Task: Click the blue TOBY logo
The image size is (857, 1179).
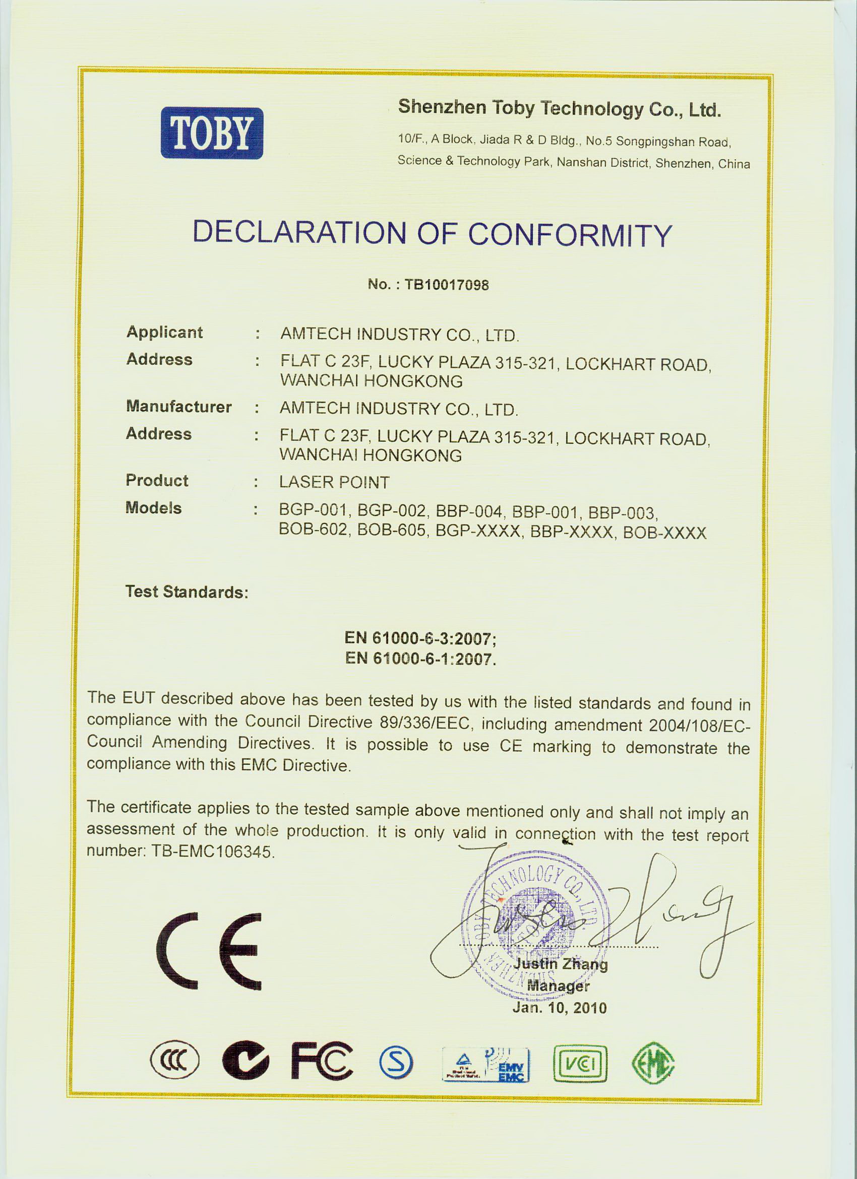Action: [x=211, y=133]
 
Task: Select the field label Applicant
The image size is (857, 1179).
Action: [x=164, y=332]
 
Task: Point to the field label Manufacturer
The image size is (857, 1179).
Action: [x=178, y=407]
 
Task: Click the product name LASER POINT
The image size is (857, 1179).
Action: [x=334, y=482]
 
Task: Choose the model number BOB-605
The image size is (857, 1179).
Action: [x=391, y=532]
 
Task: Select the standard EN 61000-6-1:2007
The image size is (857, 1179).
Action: [x=419, y=659]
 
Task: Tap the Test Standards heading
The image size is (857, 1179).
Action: [x=187, y=592]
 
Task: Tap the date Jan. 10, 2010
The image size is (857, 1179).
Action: [x=559, y=1008]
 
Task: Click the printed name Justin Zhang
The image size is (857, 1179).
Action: [x=561, y=964]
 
